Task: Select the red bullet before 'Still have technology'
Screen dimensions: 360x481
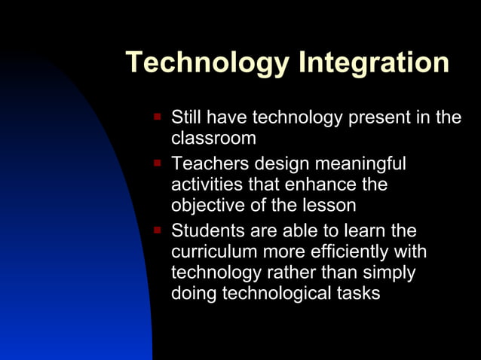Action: (158, 117)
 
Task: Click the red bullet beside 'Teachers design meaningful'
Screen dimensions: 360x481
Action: (158, 161)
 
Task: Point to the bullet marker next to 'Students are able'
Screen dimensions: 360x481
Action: (158, 228)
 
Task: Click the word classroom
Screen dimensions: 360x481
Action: (213, 139)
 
